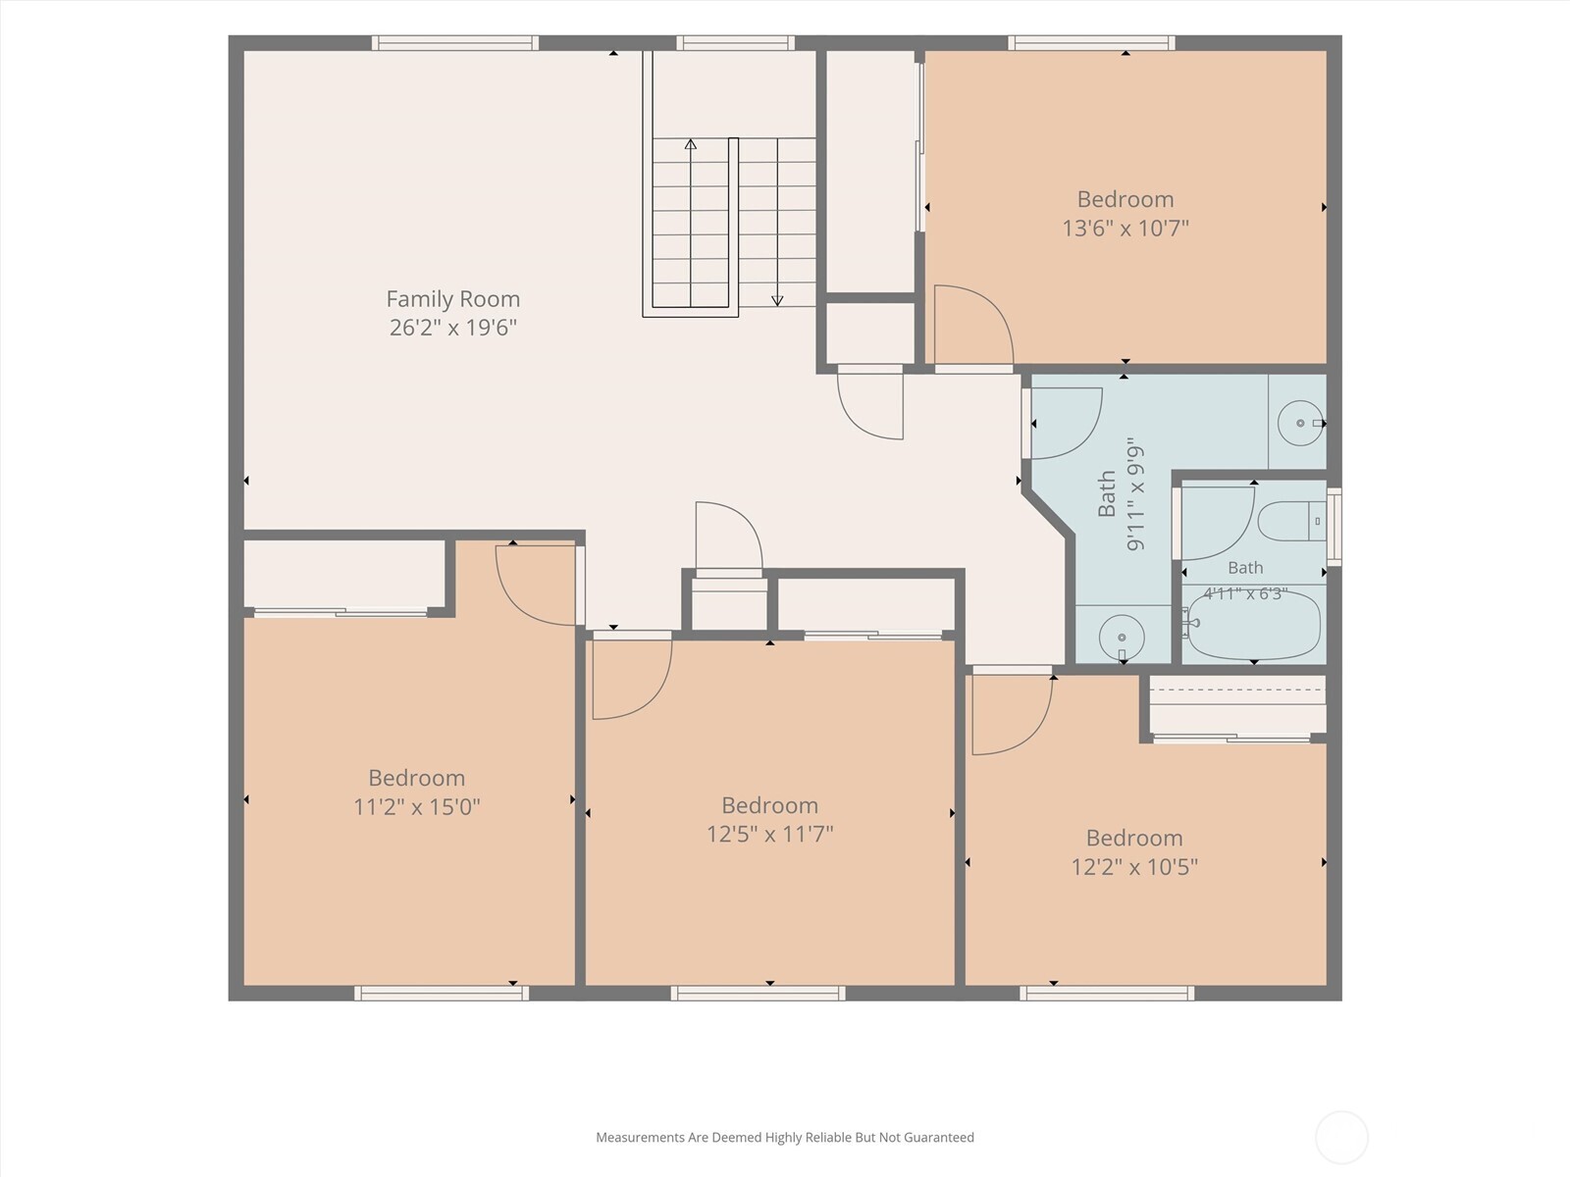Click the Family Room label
(452, 299)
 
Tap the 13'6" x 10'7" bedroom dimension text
(1125, 229)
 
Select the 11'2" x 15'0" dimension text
(416, 807)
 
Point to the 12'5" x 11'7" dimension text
(769, 834)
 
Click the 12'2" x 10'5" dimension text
(1133, 867)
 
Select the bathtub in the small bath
(1252, 634)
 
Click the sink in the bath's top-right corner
(1300, 423)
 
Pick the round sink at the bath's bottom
(1122, 638)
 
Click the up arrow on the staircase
(690, 223)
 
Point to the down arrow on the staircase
(777, 223)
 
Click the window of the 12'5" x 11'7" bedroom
(759, 993)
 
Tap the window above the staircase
(735, 43)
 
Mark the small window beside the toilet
(1334, 527)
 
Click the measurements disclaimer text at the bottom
(785, 1137)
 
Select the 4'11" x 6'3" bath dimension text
(1245, 593)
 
